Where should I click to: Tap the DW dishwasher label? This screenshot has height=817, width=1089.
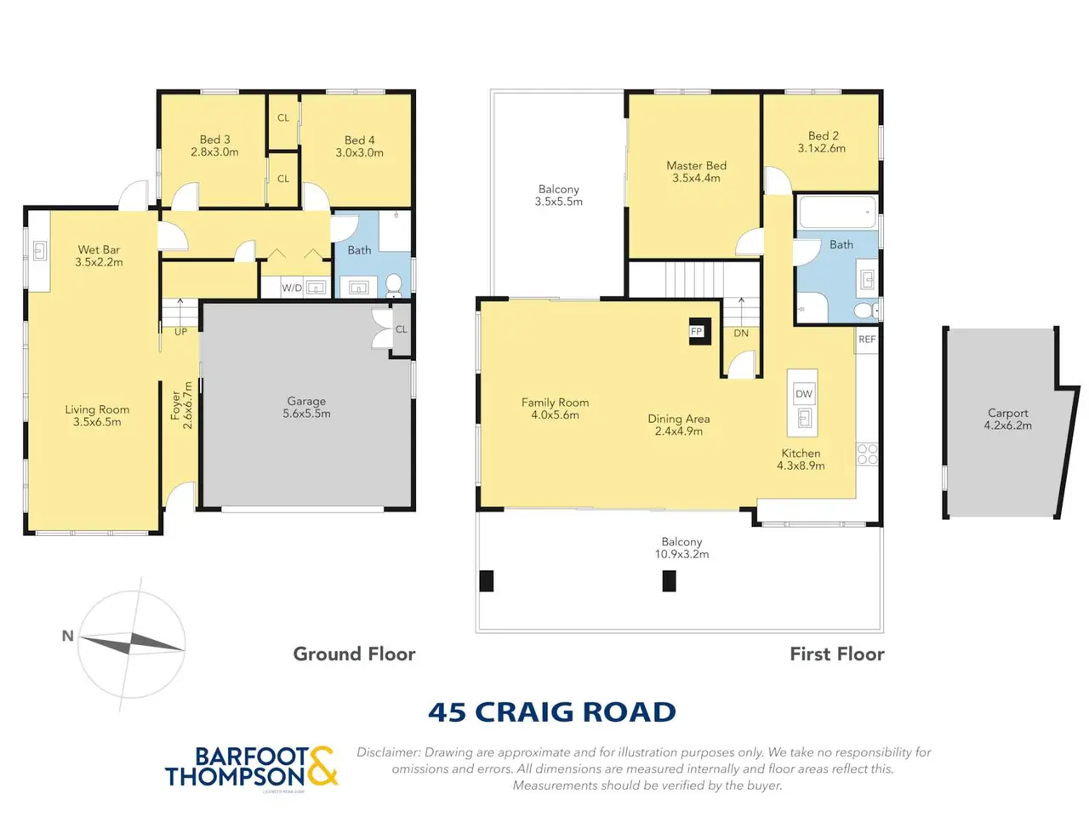803,394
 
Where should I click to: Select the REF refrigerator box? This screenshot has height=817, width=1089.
866,340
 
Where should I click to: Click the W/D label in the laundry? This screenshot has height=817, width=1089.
292,289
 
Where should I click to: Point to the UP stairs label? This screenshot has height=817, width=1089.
180,332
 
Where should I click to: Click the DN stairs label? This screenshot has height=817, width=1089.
741,334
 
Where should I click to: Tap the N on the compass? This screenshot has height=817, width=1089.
67,636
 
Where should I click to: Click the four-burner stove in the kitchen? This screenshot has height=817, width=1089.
867,454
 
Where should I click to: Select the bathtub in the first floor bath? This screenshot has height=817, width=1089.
837,212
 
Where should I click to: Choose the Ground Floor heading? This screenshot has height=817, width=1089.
354,654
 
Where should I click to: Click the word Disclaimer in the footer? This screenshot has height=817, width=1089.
389,752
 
